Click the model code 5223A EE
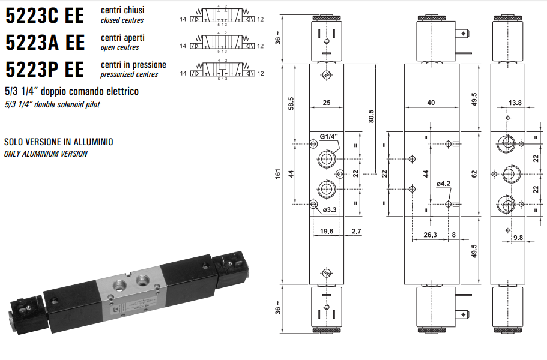pos(44,43)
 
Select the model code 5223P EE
pos(44,70)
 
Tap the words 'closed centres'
pos(122,20)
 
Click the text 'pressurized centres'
pos(130,74)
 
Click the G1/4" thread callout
pos(330,137)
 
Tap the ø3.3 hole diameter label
pos(329,209)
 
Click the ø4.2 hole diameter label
pos(443,184)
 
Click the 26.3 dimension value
pos(431,235)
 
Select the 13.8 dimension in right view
pos(515,103)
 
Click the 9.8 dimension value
pos(519,238)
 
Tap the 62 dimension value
pos(474,174)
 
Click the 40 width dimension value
pos(431,103)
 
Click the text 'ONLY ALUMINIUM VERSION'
pos(46,154)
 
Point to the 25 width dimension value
pos(326,103)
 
